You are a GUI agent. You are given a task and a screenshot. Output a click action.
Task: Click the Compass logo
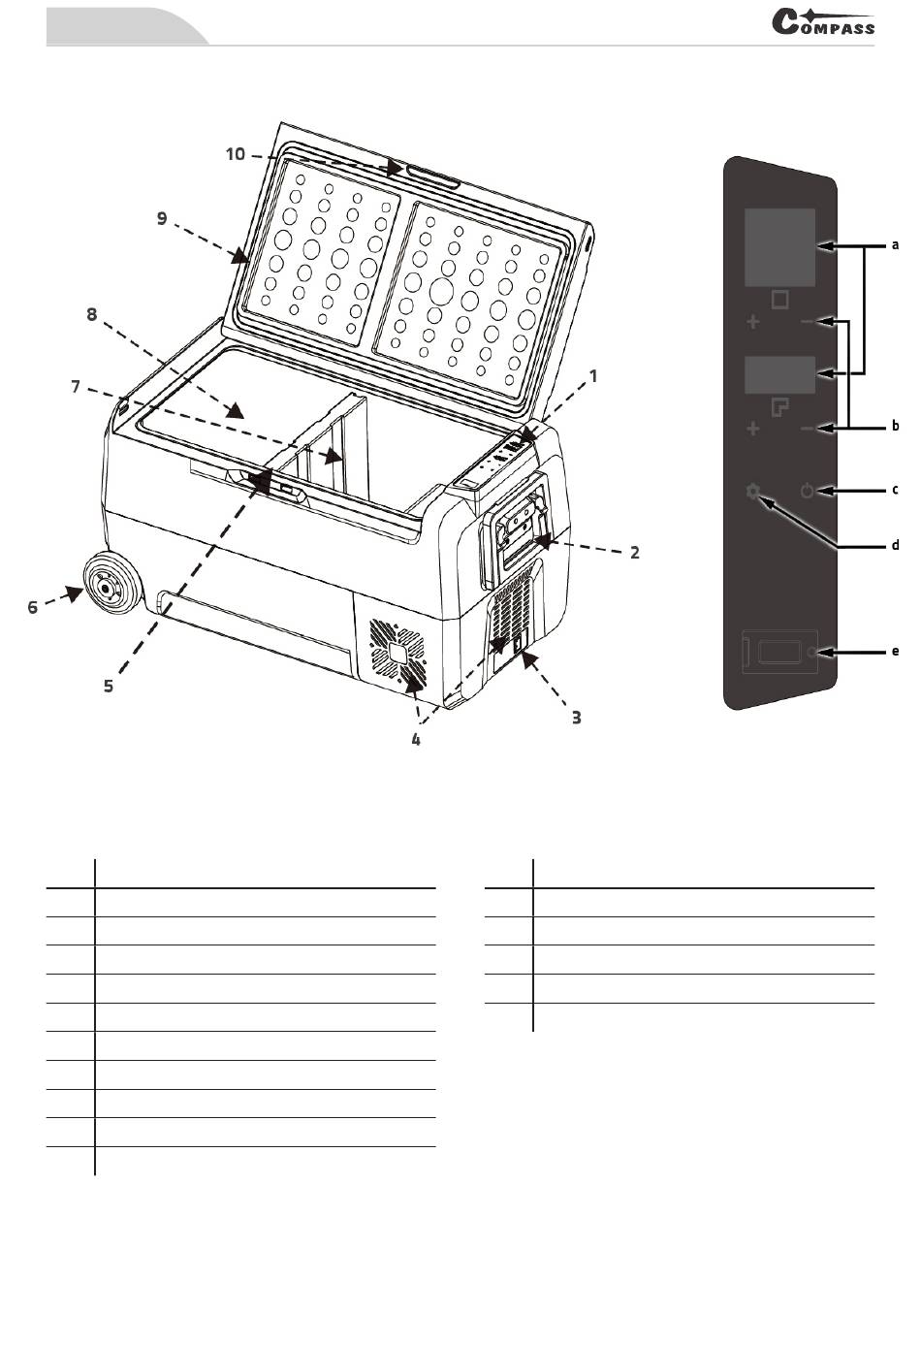click(822, 21)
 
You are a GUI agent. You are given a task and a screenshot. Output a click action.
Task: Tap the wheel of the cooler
click(112, 583)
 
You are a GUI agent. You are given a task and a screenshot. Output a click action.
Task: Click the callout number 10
click(236, 154)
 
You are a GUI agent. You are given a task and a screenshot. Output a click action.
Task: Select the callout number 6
click(32, 607)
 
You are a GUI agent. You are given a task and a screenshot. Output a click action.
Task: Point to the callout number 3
click(577, 718)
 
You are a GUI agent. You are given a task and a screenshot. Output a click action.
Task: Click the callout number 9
click(162, 218)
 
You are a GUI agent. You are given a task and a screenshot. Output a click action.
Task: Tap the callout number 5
click(108, 686)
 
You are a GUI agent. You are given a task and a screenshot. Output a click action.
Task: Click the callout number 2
click(635, 553)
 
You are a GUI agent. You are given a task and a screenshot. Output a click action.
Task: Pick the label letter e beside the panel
click(895, 652)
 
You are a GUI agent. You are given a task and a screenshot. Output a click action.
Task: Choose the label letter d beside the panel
click(895, 545)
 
